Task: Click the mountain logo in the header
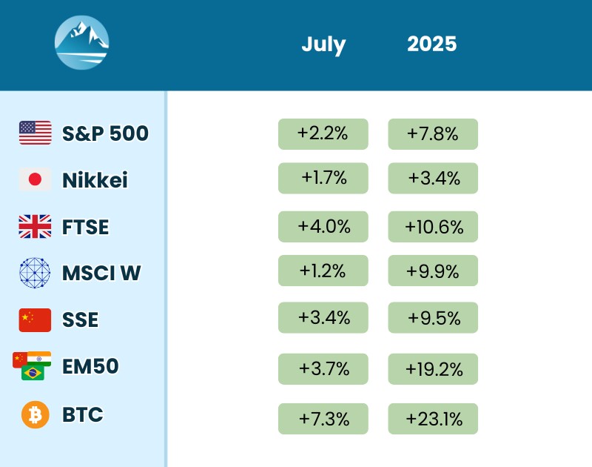[81, 43]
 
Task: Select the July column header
[323, 44]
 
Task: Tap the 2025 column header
[432, 44]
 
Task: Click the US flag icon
[35, 133]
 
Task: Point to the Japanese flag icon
[35, 179]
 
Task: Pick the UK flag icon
[35, 226]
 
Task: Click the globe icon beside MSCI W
[35, 273]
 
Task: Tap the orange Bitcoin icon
[35, 414]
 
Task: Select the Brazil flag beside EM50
[33, 372]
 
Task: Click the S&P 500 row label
[105, 133]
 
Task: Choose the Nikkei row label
[95, 180]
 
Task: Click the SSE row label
[80, 320]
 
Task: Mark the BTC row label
[83, 414]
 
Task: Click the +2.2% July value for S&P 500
[323, 134]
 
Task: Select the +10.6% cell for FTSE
[433, 227]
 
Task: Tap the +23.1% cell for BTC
[433, 419]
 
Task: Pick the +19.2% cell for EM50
[433, 369]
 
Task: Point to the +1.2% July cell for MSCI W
[323, 271]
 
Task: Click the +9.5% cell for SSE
[433, 318]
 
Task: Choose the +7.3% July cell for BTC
[323, 419]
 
